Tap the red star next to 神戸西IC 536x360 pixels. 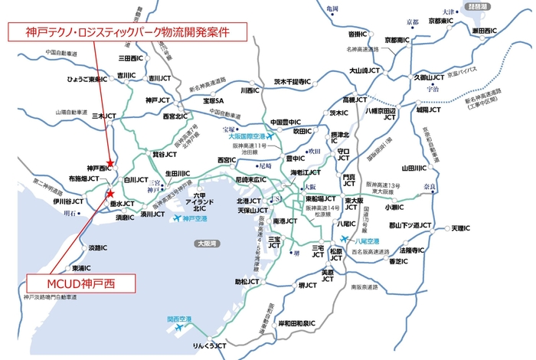pyautogui.click(x=111, y=163)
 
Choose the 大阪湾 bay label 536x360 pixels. pyautogui.click(x=204, y=244)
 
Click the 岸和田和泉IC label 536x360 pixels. pyautogui.click(x=297, y=324)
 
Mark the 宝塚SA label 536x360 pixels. pyautogui.click(x=208, y=100)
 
